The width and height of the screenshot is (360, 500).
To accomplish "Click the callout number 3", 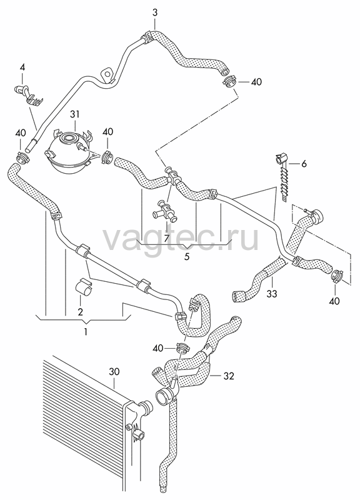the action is point(154,13).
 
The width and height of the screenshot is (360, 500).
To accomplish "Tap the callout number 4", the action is point(22,67).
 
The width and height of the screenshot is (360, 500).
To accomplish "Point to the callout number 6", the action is point(304,164).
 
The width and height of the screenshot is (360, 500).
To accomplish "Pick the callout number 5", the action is point(187,256).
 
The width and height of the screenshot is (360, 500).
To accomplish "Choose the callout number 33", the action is point(272,294).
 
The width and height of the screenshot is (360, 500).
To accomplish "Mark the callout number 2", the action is point(80,311).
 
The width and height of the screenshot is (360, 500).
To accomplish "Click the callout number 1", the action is point(86,332).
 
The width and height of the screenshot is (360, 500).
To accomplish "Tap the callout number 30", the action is point(114,372).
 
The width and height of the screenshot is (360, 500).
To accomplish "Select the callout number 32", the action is point(229,376).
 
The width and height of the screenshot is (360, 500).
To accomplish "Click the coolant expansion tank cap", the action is point(68,139).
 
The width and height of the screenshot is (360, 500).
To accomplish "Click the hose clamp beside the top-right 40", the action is point(229,82).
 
